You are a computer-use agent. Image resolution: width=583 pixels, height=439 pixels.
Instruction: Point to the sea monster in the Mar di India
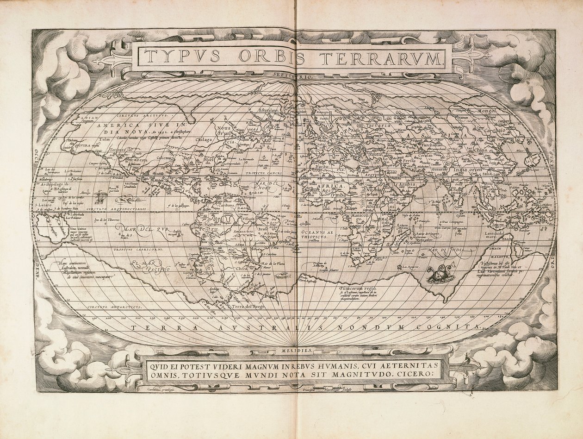[x=436, y=274]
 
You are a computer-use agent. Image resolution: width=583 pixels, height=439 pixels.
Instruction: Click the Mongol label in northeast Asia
[x=484, y=111]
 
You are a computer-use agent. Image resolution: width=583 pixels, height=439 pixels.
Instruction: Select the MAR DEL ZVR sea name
[x=139, y=228]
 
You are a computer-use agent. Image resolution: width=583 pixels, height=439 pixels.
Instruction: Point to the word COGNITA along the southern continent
[x=453, y=327]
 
